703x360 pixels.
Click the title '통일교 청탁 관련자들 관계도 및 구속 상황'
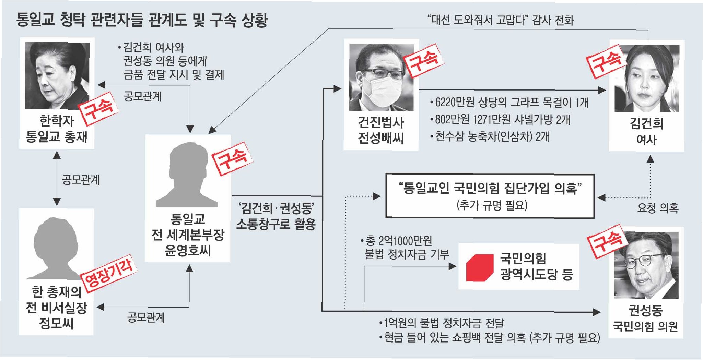tap(142, 20)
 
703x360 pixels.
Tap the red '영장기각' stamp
tap(109, 273)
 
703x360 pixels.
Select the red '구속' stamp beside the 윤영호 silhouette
tap(232, 158)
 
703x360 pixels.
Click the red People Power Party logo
tap(479, 268)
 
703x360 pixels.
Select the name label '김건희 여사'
tap(646, 131)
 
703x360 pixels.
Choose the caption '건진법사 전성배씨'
tap(381, 130)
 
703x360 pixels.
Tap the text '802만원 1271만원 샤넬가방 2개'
tap(502, 119)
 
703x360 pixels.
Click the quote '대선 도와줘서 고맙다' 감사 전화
tap(501, 20)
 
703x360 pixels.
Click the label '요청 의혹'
tap(657, 208)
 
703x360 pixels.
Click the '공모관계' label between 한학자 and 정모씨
tap(81, 180)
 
